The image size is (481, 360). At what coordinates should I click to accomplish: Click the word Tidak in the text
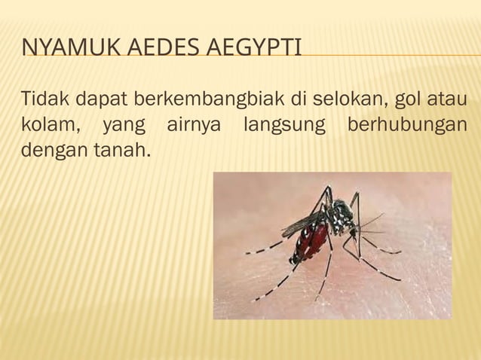point(42,99)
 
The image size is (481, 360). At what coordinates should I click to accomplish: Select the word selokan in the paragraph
point(347,99)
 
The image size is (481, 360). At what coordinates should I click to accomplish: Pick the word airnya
point(194,126)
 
